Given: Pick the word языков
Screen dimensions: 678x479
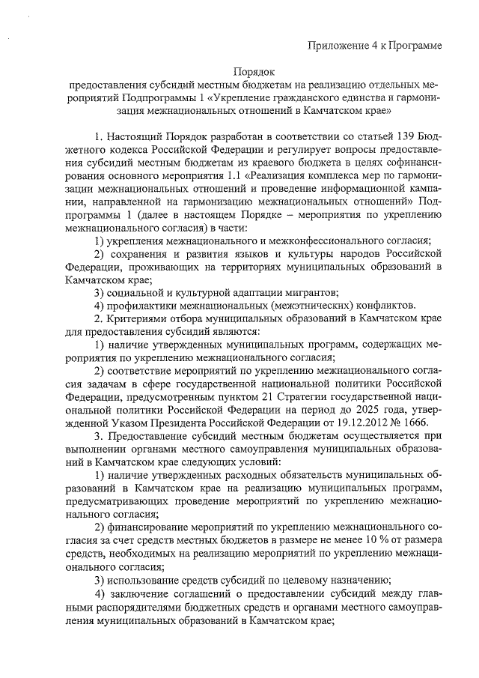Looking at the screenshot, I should [x=252, y=255].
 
